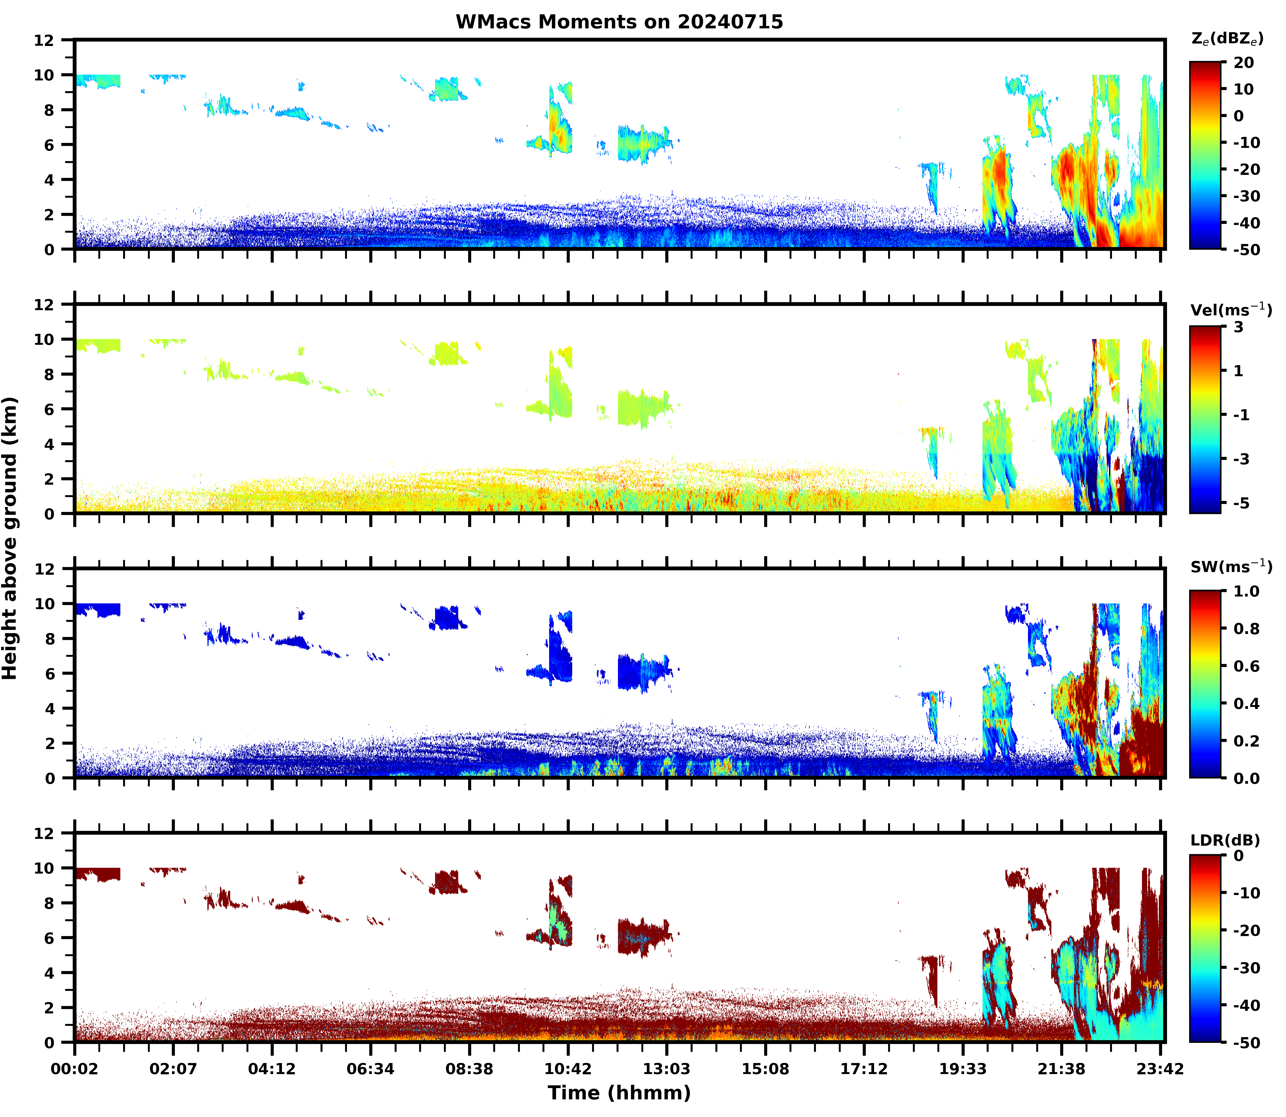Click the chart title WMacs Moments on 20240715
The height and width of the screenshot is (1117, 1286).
[619, 22]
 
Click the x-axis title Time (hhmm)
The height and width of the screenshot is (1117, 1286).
[619, 1093]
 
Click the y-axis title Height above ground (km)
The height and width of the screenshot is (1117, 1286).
[10, 538]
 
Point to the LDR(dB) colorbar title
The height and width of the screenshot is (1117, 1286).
[1225, 840]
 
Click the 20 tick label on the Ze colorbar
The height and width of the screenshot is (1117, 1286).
[1244, 63]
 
